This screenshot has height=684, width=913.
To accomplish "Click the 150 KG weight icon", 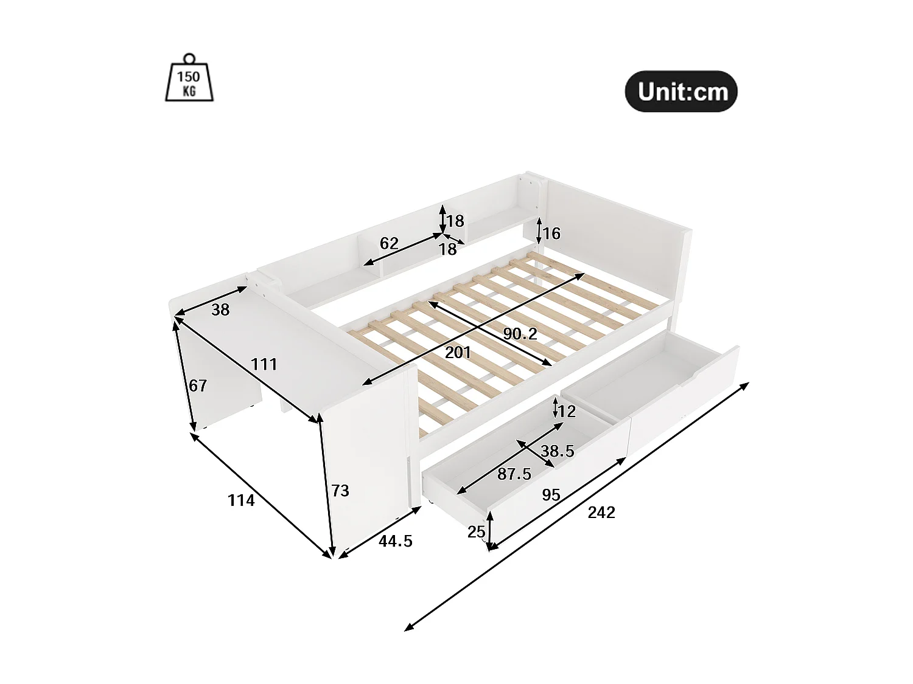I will [x=189, y=78].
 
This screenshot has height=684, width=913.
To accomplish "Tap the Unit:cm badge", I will [x=681, y=92].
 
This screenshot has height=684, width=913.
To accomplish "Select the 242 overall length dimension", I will [x=601, y=513].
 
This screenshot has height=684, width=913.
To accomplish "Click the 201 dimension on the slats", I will [x=458, y=352].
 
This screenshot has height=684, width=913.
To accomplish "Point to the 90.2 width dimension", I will [x=520, y=333].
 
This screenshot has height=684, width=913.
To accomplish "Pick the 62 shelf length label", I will [x=389, y=243].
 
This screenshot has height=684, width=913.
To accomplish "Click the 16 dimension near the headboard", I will [x=551, y=233].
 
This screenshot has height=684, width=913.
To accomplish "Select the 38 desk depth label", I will [x=220, y=309].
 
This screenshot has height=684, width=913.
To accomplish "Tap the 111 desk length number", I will [x=264, y=364].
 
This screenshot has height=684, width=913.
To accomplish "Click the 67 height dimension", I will [x=198, y=385].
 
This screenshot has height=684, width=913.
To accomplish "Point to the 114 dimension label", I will [x=241, y=500].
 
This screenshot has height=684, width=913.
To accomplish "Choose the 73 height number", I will [x=340, y=490].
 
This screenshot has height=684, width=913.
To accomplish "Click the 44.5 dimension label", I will [x=396, y=541].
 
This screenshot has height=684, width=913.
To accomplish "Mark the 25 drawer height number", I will [x=476, y=532].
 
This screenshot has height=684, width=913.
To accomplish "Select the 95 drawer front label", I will [x=551, y=495].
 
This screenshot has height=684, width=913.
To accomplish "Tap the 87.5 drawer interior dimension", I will [x=514, y=474].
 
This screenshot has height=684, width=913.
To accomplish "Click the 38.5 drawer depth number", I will [x=558, y=451].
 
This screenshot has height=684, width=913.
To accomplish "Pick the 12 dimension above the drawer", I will [x=567, y=412].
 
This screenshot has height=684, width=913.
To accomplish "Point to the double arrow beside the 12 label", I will [x=555, y=406].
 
